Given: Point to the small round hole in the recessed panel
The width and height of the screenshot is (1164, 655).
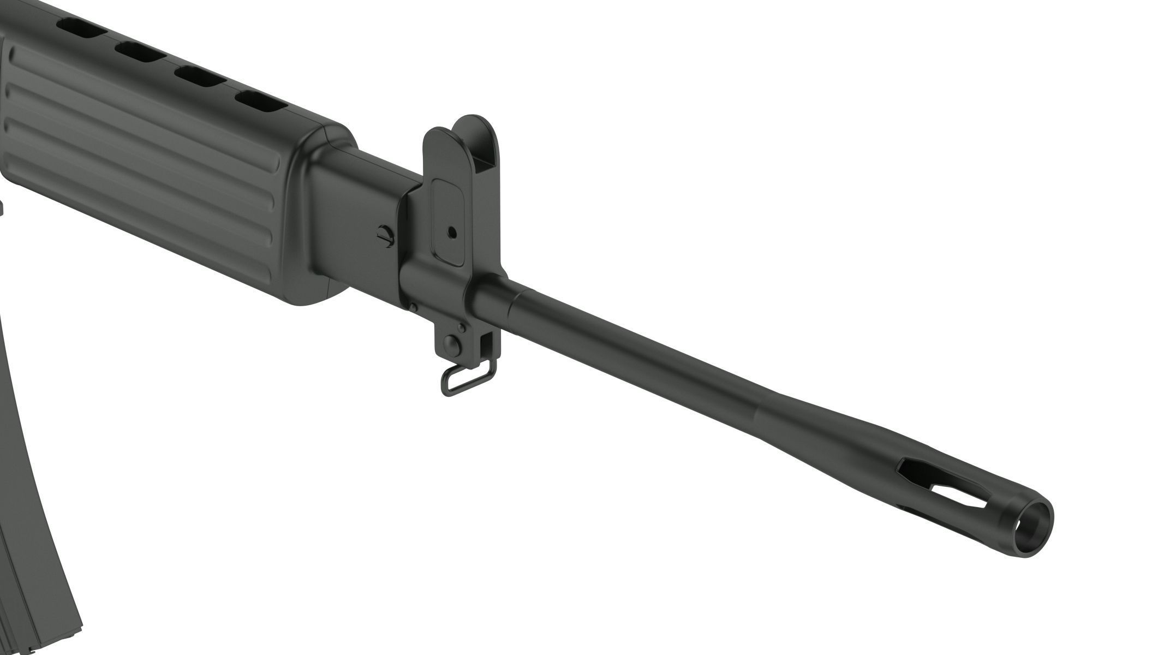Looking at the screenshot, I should (451, 232).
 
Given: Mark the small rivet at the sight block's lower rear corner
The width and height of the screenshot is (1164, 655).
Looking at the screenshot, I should (414, 306).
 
